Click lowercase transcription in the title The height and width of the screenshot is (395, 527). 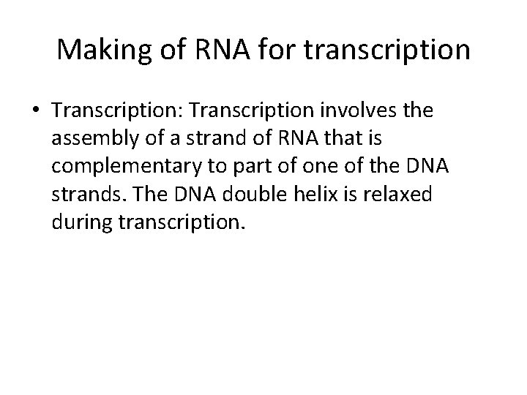pyautogui.click(x=389, y=50)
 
